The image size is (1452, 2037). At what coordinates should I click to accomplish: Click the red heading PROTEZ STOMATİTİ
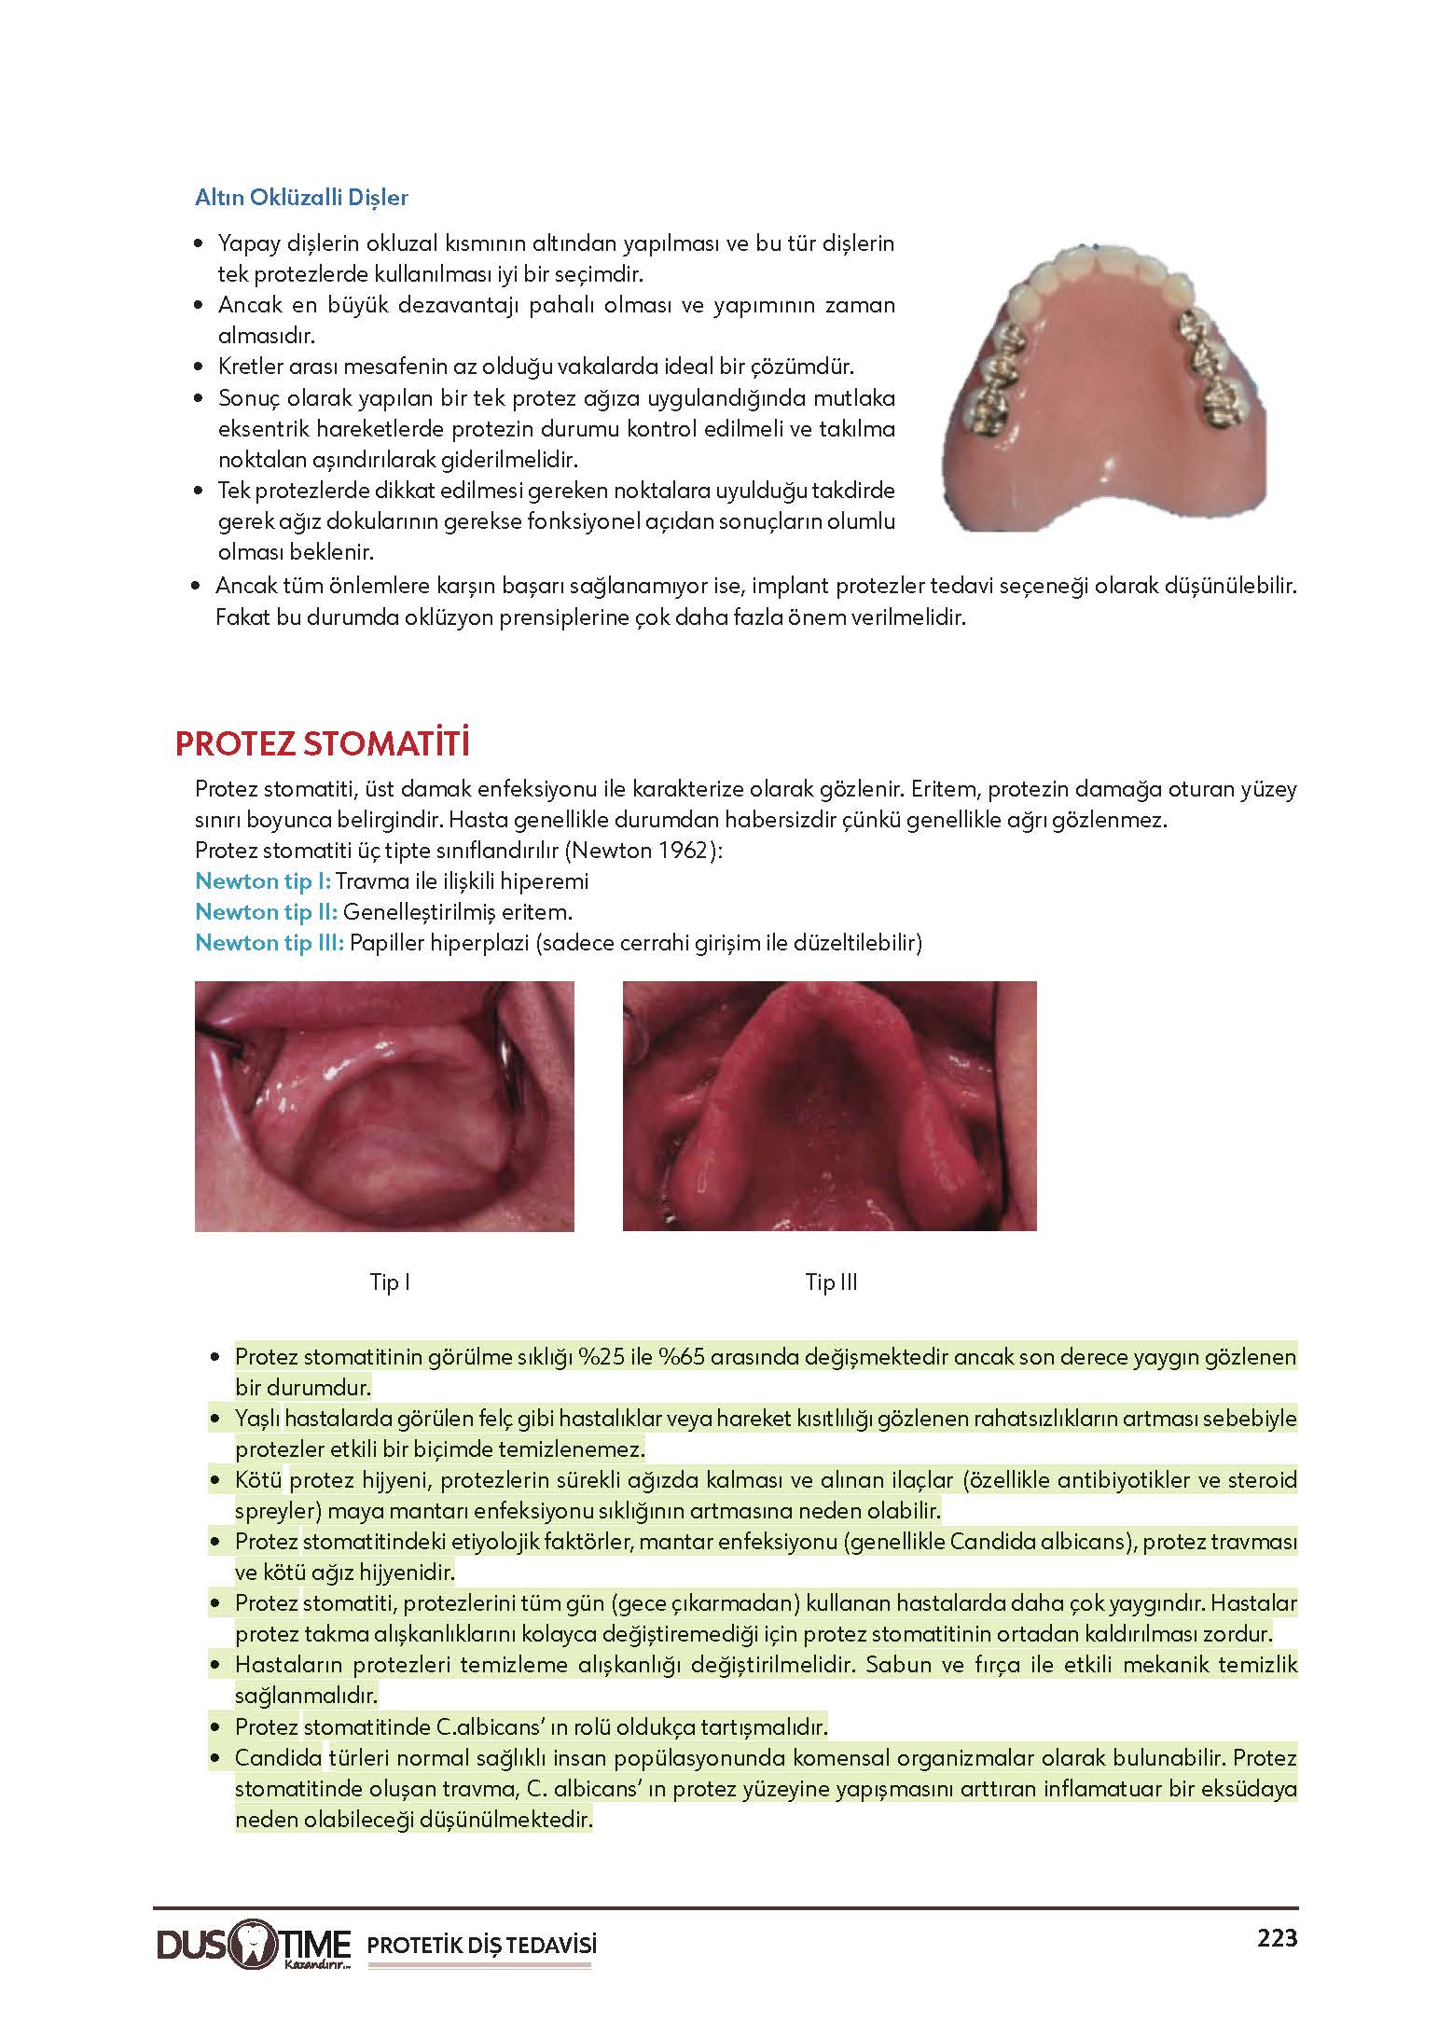[x=321, y=745]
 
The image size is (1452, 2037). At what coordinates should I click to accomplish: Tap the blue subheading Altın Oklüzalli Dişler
[x=301, y=198]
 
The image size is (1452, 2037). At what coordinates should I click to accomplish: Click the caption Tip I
[x=390, y=1282]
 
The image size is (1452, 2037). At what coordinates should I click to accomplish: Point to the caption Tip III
[x=831, y=1282]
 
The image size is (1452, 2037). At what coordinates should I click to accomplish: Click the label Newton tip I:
[x=263, y=881]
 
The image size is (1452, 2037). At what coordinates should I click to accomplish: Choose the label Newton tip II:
[x=266, y=912]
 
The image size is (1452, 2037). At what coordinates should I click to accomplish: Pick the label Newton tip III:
[x=270, y=943]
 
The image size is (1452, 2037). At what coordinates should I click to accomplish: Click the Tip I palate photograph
[x=384, y=1106]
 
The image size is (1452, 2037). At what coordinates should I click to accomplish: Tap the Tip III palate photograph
[x=829, y=1106]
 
